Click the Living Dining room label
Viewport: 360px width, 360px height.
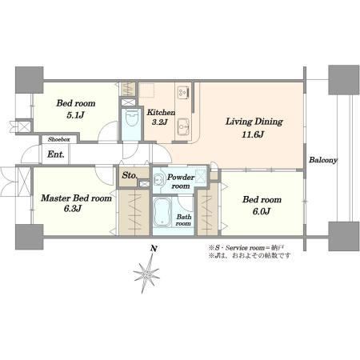254,122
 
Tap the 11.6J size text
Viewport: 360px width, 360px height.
253,134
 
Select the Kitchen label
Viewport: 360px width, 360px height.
161,112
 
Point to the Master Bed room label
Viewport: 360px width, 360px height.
76,198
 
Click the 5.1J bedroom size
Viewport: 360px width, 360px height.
75,115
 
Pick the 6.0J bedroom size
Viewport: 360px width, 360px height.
261,211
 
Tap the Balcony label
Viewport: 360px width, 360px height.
323,160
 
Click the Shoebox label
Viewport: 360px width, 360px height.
59,139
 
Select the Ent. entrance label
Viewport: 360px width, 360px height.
56,154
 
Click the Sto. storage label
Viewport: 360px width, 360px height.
130,175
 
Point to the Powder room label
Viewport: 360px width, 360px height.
181,182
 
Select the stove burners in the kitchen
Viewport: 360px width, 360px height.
183,92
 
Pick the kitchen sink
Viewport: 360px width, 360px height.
183,126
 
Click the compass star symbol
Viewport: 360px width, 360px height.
146,274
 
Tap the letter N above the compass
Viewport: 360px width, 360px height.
154,249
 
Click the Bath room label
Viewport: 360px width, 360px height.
183,220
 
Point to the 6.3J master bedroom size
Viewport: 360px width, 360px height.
73,209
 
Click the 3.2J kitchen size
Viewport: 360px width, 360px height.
159,122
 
